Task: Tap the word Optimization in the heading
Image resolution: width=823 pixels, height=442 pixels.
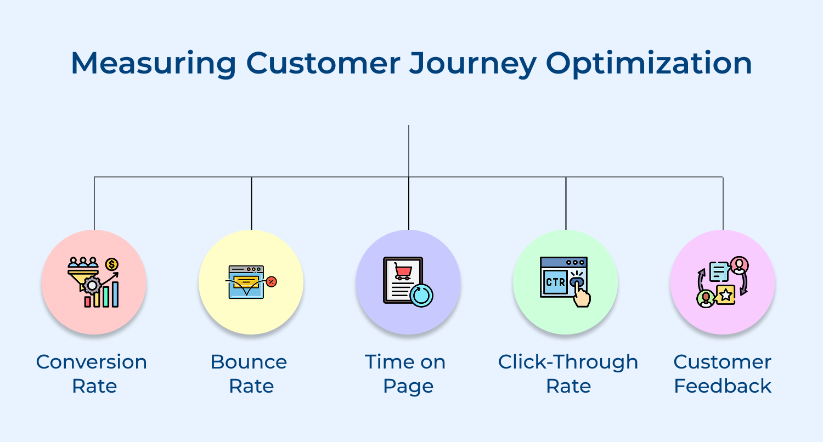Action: tap(649, 64)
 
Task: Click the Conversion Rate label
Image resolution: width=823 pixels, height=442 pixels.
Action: tap(92, 373)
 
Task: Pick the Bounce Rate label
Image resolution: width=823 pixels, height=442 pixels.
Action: tap(249, 373)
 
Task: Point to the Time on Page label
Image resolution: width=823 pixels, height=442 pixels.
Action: tap(406, 373)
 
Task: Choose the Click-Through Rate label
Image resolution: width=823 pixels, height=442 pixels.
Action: tap(568, 373)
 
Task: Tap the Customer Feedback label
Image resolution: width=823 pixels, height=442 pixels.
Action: tap(723, 373)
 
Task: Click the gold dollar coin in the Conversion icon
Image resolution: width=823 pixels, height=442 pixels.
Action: tap(112, 265)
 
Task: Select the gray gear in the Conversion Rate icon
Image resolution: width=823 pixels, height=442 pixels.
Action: tap(92, 285)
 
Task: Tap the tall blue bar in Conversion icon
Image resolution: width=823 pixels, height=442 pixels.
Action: tap(115, 294)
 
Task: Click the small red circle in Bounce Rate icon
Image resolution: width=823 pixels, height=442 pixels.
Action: tap(271, 282)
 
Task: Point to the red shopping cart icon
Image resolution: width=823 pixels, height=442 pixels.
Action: tap(403, 270)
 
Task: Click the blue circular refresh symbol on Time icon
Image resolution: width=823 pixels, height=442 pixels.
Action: tap(421, 295)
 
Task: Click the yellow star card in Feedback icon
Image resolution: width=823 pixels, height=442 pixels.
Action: tap(725, 295)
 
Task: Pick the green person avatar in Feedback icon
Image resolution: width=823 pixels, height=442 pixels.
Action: tap(706, 298)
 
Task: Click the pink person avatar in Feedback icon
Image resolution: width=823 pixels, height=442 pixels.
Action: tap(739, 265)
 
